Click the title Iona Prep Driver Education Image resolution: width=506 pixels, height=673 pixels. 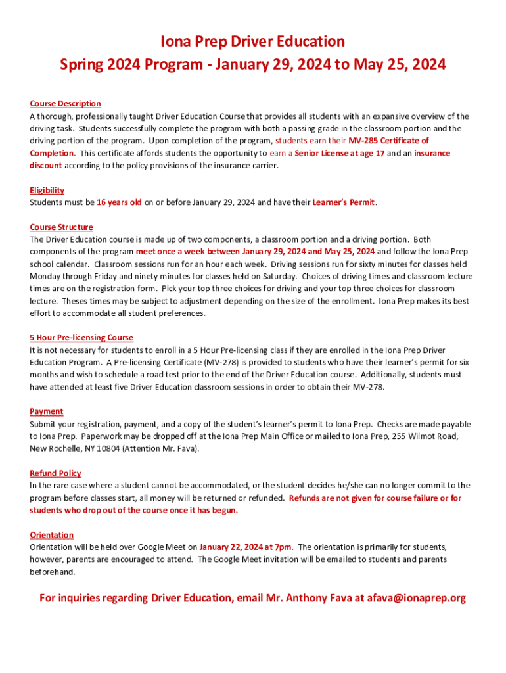[253, 41]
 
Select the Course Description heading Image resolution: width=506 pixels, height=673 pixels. [65, 104]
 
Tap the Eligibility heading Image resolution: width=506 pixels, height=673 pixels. [47, 190]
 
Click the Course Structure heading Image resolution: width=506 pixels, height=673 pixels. [61, 227]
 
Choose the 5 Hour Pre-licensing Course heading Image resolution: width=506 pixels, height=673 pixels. [81, 338]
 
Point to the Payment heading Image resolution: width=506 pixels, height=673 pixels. [46, 411]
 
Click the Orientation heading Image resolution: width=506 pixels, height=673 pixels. [51, 535]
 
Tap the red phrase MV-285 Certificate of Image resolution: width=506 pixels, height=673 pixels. [388, 141]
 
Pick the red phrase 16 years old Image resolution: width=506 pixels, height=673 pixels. [119, 202]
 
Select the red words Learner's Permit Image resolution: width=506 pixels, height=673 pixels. [343, 202]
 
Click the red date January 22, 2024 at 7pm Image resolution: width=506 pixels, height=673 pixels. [246, 547]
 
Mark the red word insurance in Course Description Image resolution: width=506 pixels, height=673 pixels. [432, 153]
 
